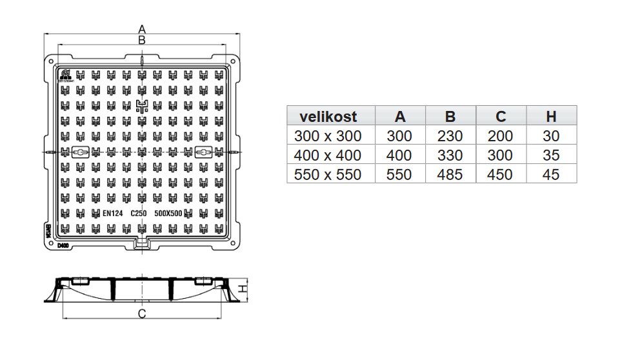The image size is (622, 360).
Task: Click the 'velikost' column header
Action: [x=328, y=117]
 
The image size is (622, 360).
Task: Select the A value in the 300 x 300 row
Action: [x=399, y=136]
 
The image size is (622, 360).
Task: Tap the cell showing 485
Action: [x=450, y=174]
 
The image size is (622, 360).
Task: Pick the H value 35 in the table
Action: [x=551, y=155]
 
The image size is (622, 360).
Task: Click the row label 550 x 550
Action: [x=328, y=174]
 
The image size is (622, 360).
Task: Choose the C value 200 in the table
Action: [x=500, y=136]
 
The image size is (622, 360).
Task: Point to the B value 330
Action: [x=450, y=155]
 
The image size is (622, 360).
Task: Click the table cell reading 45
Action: [x=551, y=174]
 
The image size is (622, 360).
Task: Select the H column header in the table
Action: [x=551, y=117]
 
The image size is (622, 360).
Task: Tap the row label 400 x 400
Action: [x=328, y=155]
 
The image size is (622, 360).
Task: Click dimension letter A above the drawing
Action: [x=143, y=29]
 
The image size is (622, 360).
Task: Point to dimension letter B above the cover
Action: [x=143, y=40]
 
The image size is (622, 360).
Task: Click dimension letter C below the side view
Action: [x=143, y=314]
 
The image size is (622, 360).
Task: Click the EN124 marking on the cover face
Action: [x=112, y=213]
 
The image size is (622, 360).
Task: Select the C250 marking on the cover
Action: [x=139, y=213]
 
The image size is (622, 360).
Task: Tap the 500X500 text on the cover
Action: [x=168, y=213]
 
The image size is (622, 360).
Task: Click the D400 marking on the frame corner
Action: [x=63, y=246]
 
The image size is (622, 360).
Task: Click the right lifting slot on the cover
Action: [x=203, y=152]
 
